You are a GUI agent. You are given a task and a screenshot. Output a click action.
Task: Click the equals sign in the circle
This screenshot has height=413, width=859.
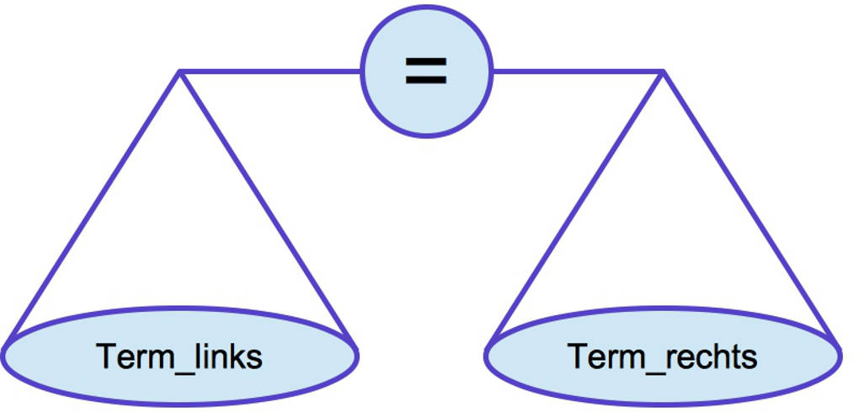coord(426,71)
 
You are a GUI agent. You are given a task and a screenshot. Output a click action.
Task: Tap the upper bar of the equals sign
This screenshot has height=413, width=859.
coord(426,62)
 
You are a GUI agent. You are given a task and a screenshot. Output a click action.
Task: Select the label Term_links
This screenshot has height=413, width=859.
coord(179,357)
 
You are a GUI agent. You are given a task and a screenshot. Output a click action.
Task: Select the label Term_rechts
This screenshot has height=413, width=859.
coord(663,357)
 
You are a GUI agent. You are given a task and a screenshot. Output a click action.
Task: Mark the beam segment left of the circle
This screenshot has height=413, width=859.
coord(269,72)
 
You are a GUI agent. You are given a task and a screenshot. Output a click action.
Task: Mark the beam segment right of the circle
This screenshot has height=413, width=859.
coord(578,72)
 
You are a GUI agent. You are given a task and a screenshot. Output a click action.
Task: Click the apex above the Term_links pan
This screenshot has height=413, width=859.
coord(179,72)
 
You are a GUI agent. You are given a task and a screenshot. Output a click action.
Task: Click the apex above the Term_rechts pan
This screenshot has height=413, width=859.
coord(664,72)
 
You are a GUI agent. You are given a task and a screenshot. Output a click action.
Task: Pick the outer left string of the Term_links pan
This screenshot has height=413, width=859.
coord(93,206)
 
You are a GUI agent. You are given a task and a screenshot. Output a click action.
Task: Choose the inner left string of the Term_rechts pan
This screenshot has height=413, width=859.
coord(576,207)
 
